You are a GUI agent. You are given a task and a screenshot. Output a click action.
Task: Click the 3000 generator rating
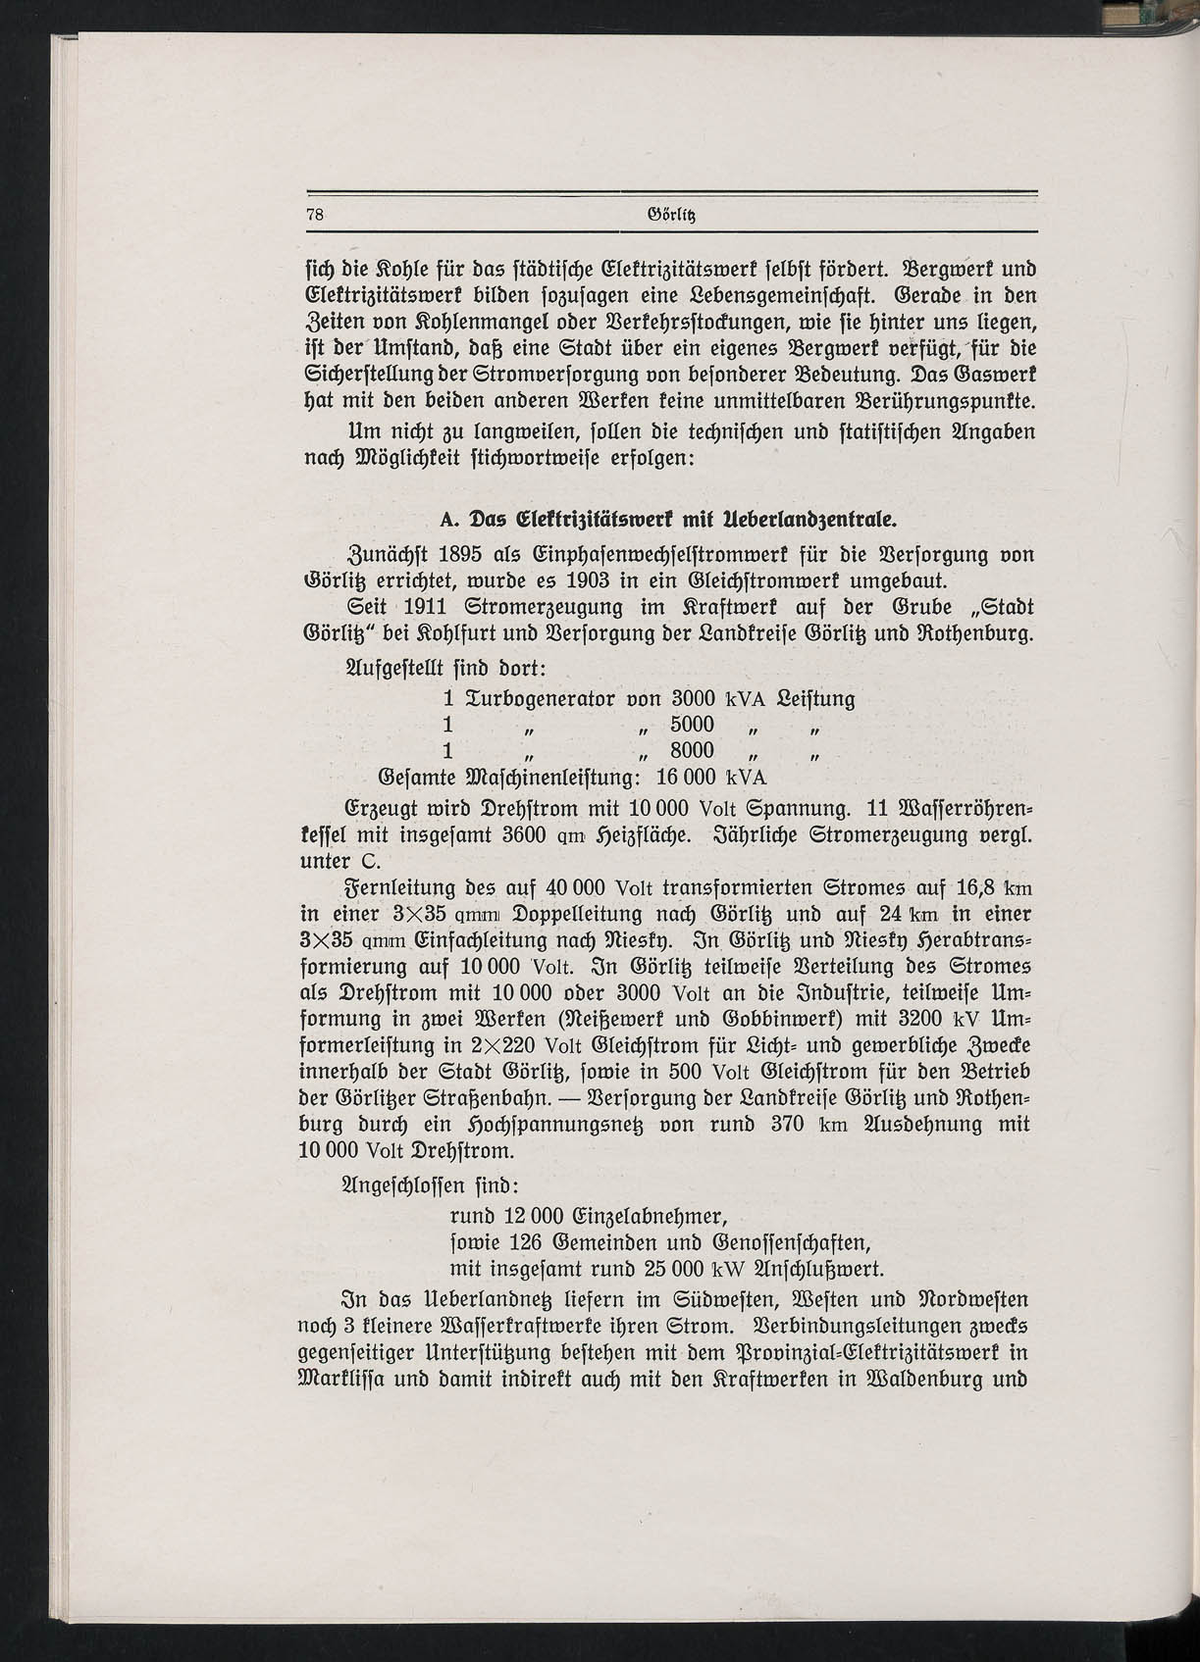pyautogui.click(x=693, y=700)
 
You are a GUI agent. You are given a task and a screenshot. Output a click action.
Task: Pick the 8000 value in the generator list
pyautogui.click(x=693, y=751)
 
